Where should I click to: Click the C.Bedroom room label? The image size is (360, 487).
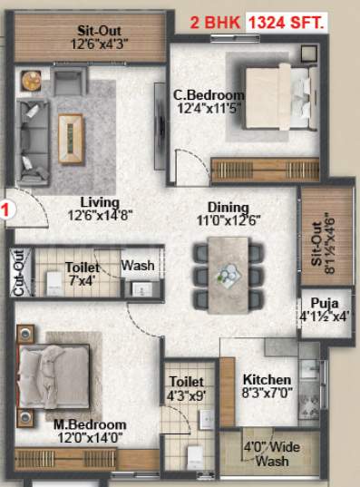point(209,94)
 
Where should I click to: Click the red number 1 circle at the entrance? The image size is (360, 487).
point(5,210)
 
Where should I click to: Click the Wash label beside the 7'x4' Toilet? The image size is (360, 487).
point(138,266)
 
